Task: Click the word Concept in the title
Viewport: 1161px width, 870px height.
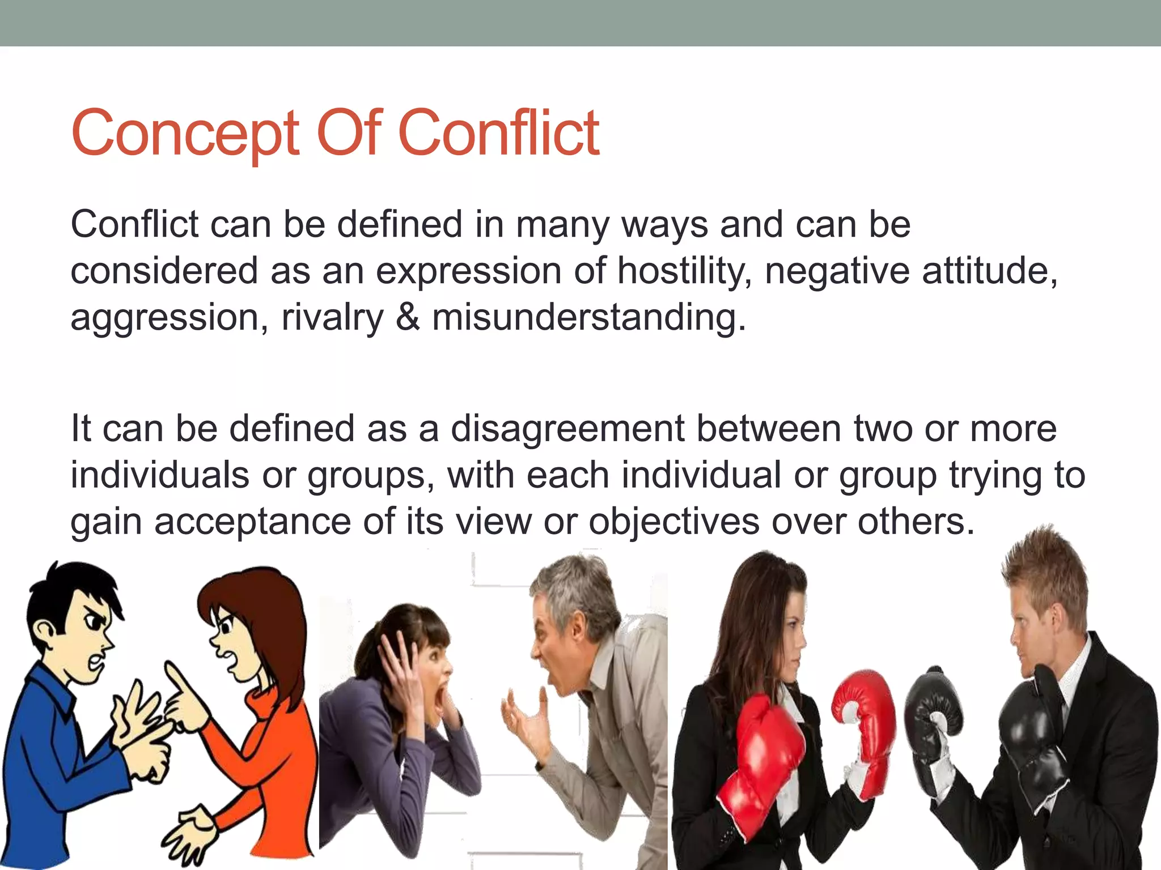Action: [185, 135]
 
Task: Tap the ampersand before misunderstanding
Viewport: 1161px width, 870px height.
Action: [408, 317]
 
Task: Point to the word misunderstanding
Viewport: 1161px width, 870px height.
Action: [588, 317]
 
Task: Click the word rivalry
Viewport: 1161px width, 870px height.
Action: [332, 318]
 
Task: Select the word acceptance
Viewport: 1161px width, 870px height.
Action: [252, 522]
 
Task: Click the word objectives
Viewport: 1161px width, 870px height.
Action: [673, 522]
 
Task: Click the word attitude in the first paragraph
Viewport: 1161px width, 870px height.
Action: [989, 271]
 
